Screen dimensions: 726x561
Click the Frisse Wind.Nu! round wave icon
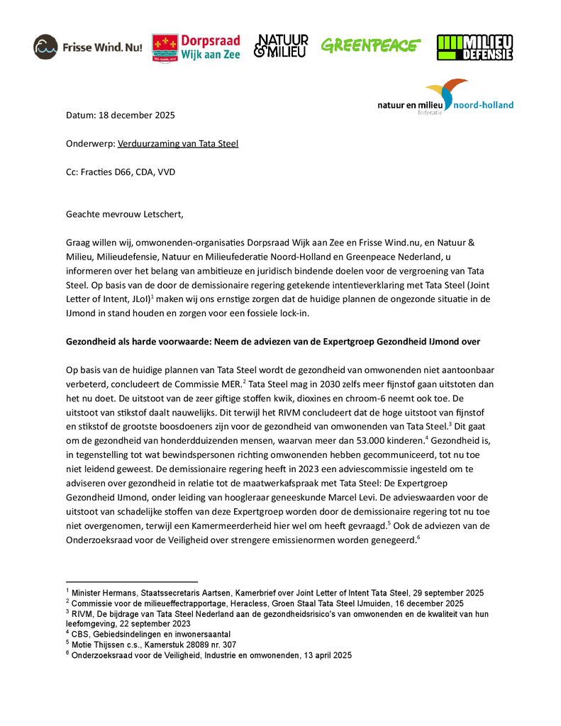coord(46,47)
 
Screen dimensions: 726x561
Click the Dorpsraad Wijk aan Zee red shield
coord(165,48)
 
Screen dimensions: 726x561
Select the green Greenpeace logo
coord(370,46)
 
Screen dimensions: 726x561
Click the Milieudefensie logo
coord(474,47)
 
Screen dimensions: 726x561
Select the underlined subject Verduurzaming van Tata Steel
coord(177,143)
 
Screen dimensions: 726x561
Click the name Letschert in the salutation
coord(165,213)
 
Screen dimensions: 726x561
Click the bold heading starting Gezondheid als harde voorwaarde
coord(272,341)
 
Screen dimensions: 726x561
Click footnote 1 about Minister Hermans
coord(275,592)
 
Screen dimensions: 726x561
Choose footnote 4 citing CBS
coord(150,634)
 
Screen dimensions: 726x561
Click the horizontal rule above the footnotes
coord(131,581)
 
